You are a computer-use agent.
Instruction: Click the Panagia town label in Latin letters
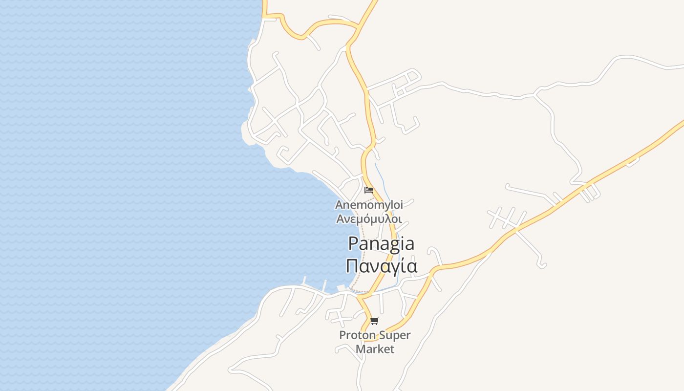[x=381, y=244]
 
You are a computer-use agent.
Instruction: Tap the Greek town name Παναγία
[x=381, y=266]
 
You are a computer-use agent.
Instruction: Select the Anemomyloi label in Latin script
[x=369, y=205]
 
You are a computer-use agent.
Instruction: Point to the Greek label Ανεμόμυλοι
[x=369, y=218]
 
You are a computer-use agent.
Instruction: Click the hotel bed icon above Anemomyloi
[x=369, y=190]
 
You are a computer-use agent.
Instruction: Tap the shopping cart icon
[x=374, y=321]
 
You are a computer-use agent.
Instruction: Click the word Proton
[x=358, y=335]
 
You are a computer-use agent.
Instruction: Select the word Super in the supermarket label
[x=395, y=335]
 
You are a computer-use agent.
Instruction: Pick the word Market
[x=375, y=349]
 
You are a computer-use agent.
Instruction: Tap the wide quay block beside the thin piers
[x=341, y=287]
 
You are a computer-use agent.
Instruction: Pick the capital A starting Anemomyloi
[x=339, y=205]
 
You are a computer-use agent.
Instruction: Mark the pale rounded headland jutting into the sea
[x=248, y=133]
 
